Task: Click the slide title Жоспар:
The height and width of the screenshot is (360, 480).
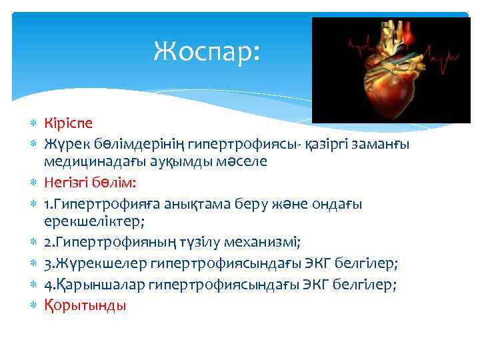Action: [x=205, y=50]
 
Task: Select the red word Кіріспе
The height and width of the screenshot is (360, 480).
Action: [x=69, y=123]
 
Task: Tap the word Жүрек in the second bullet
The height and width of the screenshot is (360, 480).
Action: [x=65, y=143]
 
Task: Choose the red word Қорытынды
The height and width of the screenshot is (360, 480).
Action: [x=85, y=305]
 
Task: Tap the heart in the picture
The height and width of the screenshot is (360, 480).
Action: [x=393, y=77]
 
